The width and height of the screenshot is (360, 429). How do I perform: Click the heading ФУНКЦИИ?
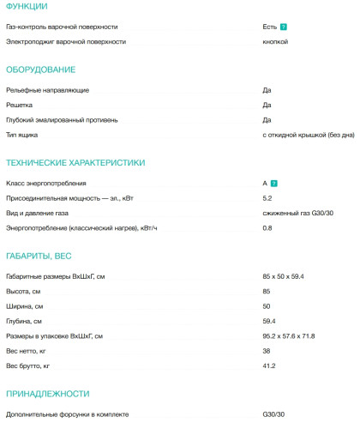pos(27,7)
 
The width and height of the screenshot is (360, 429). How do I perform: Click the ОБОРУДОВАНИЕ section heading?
pos(40,69)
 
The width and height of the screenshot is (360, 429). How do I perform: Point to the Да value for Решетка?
pos(267,105)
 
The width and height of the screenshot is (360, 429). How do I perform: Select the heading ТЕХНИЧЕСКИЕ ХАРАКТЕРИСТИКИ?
pos(75,162)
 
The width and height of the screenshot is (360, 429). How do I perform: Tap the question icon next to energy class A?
pos(273,184)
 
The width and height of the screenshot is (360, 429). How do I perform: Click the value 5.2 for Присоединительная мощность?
pos(267,198)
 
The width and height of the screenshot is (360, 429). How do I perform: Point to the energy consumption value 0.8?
pos(267,227)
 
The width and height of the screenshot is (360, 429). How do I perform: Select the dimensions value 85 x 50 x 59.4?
pos(284,276)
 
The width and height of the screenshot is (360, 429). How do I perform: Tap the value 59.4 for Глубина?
pos(269,320)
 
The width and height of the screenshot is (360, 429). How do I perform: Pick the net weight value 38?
pos(267,351)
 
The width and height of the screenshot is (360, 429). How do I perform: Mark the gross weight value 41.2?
pos(269,366)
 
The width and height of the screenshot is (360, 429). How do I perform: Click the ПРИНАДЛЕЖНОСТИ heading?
pos(47,394)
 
